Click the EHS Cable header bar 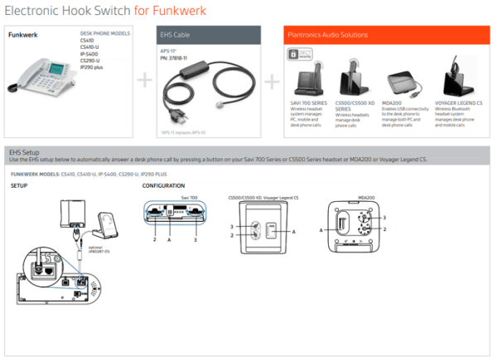[x=208, y=35]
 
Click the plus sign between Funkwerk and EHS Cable [x=145, y=81]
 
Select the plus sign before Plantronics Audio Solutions [x=273, y=81]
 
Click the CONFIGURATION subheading [x=163, y=186]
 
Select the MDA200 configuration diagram [x=363, y=221]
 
